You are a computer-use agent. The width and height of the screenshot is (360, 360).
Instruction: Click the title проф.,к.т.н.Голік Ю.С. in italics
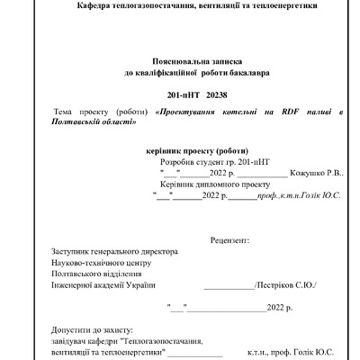coord(298,193)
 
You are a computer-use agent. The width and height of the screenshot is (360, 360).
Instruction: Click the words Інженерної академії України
coord(97,284)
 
